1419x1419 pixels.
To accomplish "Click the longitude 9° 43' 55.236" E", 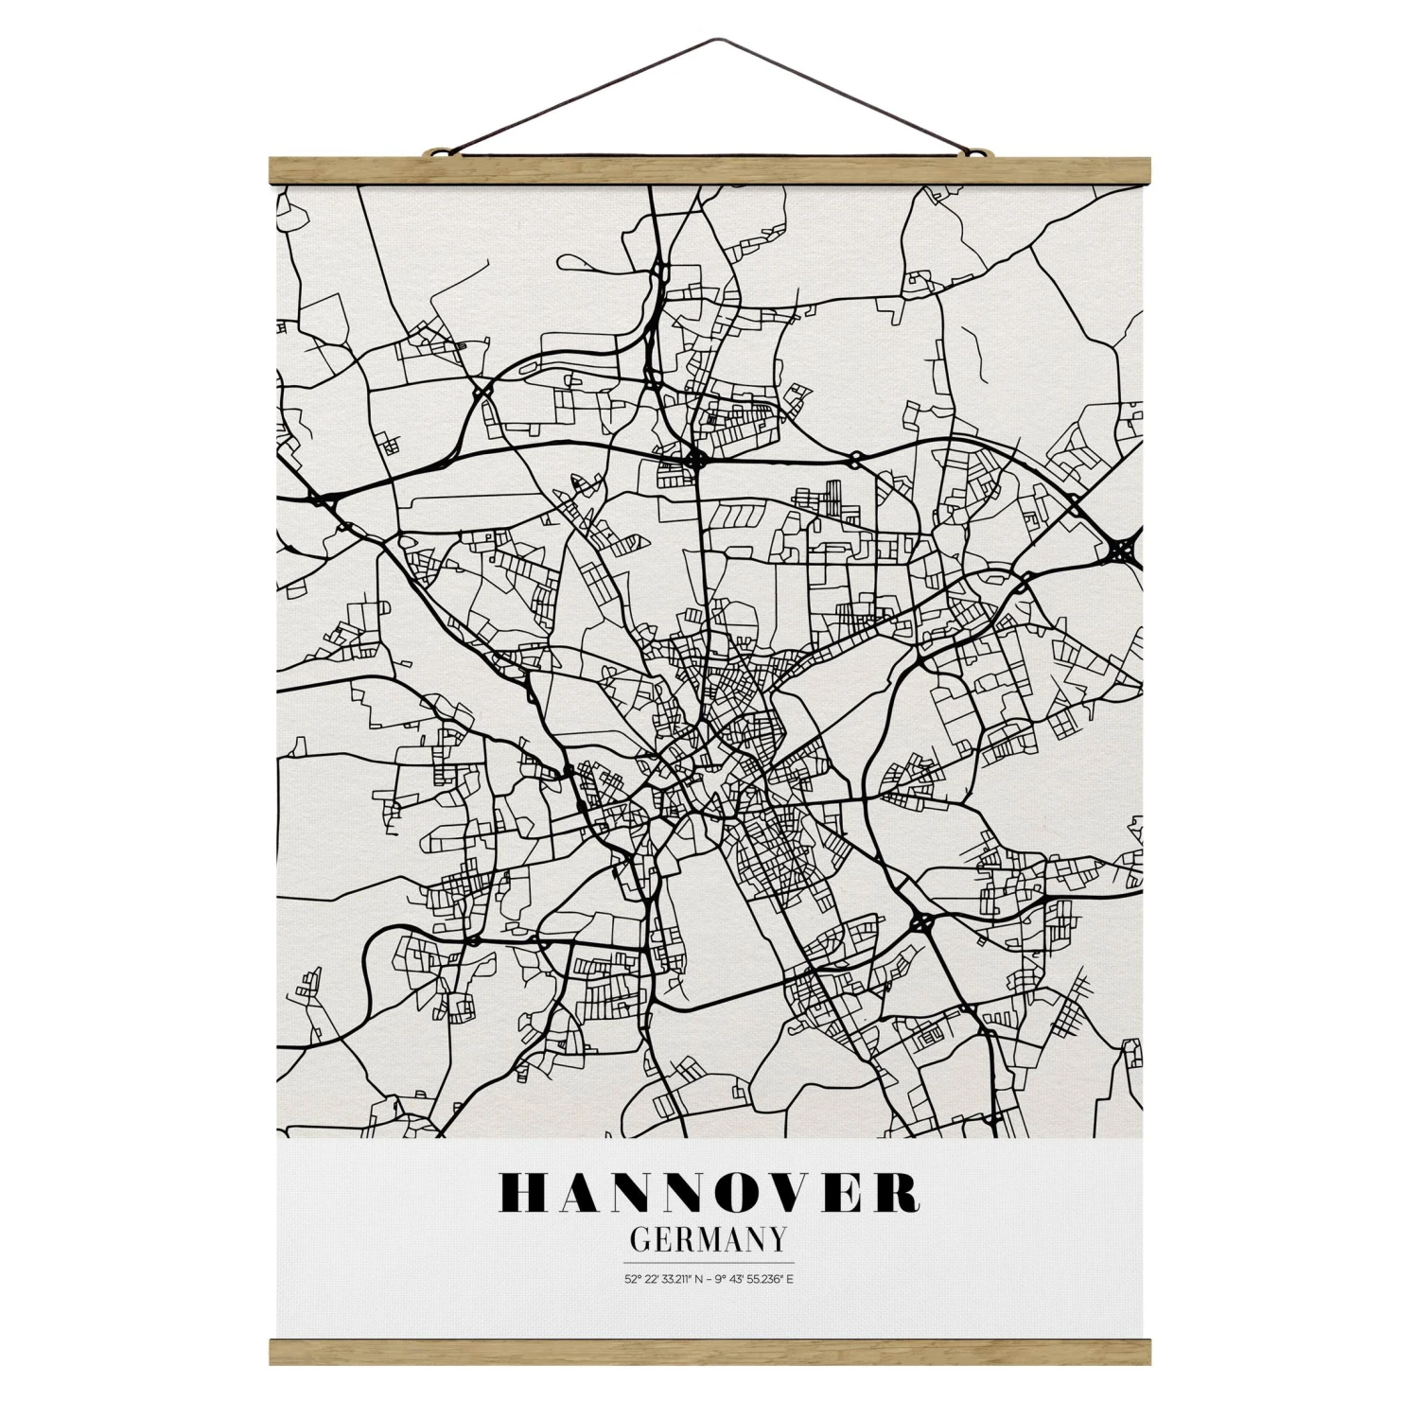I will (x=757, y=1282).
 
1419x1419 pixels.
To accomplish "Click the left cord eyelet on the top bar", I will (x=437, y=150).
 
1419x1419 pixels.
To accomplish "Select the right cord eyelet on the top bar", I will (x=980, y=150).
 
